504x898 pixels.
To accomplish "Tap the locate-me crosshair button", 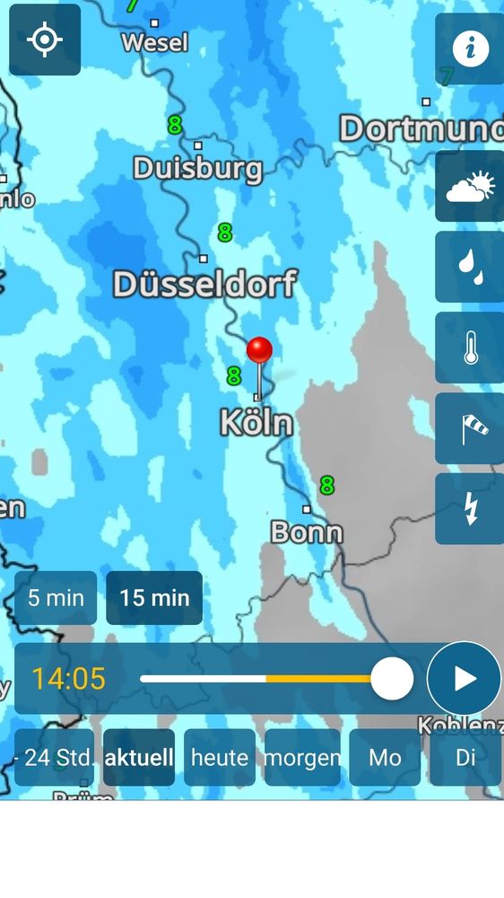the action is tap(45, 40).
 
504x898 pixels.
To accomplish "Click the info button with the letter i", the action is tap(470, 48).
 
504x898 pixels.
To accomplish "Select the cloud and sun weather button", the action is tap(470, 186).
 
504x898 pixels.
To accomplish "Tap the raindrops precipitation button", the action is tap(470, 267).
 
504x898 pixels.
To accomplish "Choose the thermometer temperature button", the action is tap(470, 348).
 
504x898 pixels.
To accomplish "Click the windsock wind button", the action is tap(470, 428).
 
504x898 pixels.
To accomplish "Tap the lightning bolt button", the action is tap(470, 509).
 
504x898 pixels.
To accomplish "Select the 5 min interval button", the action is tap(56, 598).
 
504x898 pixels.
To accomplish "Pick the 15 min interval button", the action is tap(154, 598).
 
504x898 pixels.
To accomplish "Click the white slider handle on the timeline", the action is tap(392, 679).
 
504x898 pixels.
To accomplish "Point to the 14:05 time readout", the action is tap(68, 679).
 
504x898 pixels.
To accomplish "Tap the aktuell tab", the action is tap(139, 757).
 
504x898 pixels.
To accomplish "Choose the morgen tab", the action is tap(302, 757).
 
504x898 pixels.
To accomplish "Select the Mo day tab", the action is tap(385, 757).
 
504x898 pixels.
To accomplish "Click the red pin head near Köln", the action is tap(259, 349).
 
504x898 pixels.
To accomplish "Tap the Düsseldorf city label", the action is tap(204, 285).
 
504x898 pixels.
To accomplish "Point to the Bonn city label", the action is tap(307, 533).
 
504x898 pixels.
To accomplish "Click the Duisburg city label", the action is tap(198, 168).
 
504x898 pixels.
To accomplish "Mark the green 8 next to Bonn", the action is tap(326, 486).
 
